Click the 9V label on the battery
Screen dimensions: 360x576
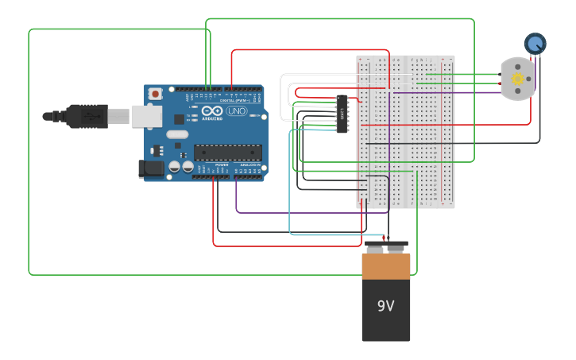click(385, 306)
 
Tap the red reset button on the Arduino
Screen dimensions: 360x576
click(156, 94)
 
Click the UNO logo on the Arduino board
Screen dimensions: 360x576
click(237, 111)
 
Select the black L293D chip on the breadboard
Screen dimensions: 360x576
click(342, 114)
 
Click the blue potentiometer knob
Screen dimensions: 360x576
click(535, 44)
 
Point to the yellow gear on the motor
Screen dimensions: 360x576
click(518, 79)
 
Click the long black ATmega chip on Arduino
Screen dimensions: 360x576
click(228, 152)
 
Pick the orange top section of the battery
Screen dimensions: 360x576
click(386, 266)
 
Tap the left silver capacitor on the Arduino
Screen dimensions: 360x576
click(174, 167)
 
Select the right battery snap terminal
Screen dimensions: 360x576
click(396, 249)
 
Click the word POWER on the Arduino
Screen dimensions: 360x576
click(222, 165)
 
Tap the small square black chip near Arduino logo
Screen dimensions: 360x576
click(179, 119)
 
